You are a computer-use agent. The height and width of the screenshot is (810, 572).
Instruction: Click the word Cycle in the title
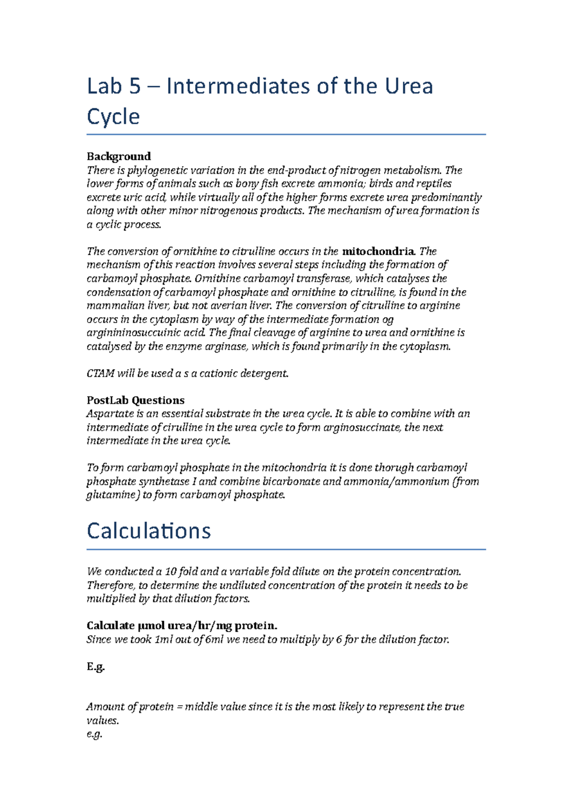[x=113, y=117]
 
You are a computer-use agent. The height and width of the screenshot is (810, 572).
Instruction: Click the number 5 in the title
[x=134, y=86]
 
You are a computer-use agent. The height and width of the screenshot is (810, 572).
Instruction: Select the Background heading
[x=119, y=156]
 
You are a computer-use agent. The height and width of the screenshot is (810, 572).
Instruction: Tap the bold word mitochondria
[x=379, y=251]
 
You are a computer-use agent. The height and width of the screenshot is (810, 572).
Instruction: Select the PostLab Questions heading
[x=135, y=400]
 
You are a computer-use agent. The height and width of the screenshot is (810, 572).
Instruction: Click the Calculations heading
[x=149, y=531]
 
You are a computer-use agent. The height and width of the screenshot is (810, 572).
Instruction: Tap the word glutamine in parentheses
[x=111, y=495]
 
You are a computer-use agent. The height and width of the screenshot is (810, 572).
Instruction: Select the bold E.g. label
[x=95, y=666]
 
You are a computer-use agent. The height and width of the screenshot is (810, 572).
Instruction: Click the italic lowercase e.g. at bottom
[x=94, y=734]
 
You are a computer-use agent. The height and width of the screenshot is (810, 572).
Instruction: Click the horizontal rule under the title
[x=286, y=135]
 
